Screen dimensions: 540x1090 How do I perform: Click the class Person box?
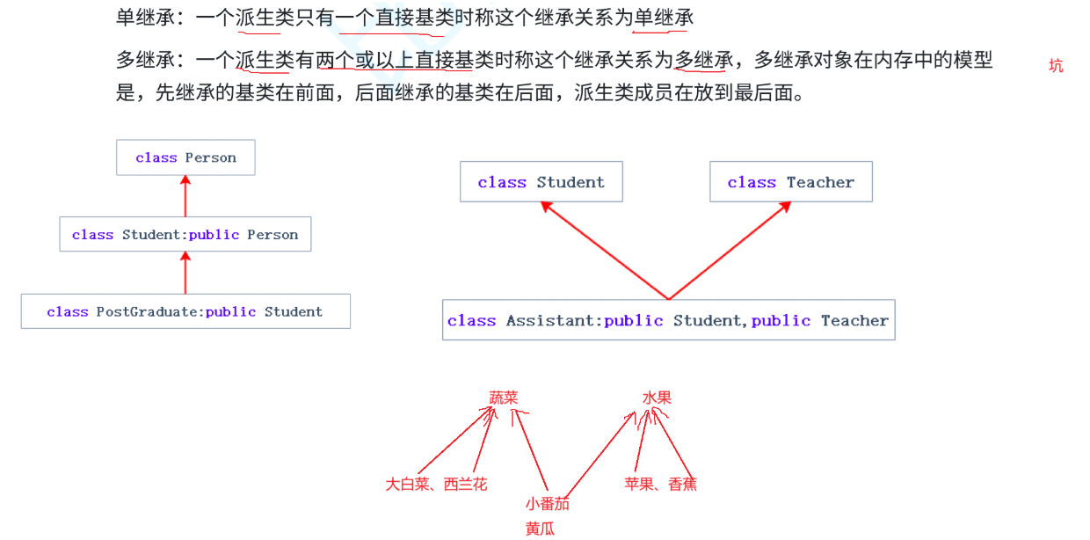[x=185, y=157]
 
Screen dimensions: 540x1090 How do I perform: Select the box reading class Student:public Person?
[x=185, y=234]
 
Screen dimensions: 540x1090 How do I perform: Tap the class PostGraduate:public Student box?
[x=185, y=311]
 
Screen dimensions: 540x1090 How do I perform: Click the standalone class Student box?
[x=541, y=182]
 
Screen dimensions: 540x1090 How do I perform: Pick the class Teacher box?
[x=791, y=182]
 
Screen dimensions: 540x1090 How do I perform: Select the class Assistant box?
[x=668, y=320]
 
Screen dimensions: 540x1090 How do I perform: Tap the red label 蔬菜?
[x=504, y=398]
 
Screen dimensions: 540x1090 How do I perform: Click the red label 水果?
[x=657, y=398]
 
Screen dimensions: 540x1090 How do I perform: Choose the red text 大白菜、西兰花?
[x=436, y=484]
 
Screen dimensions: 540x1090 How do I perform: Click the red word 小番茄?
[x=548, y=504]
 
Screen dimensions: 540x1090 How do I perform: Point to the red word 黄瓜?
[x=541, y=529]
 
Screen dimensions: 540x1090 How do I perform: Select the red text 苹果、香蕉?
[x=661, y=484]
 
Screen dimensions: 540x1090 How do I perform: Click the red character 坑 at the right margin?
[x=1056, y=66]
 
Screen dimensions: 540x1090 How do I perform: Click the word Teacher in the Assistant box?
[x=854, y=320]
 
